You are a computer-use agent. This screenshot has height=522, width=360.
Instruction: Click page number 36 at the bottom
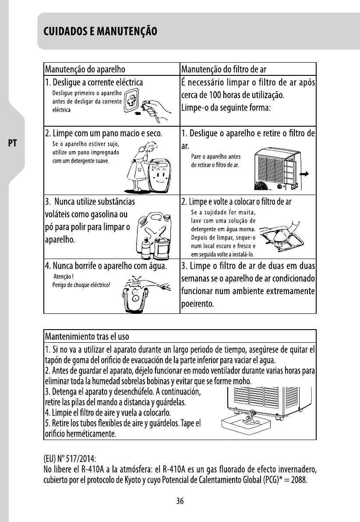coord(180,502)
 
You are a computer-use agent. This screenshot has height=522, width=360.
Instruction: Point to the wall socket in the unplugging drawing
coord(131,105)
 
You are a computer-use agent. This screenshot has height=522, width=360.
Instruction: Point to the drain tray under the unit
coord(248,424)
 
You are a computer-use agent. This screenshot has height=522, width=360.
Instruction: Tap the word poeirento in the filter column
coord(197,304)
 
